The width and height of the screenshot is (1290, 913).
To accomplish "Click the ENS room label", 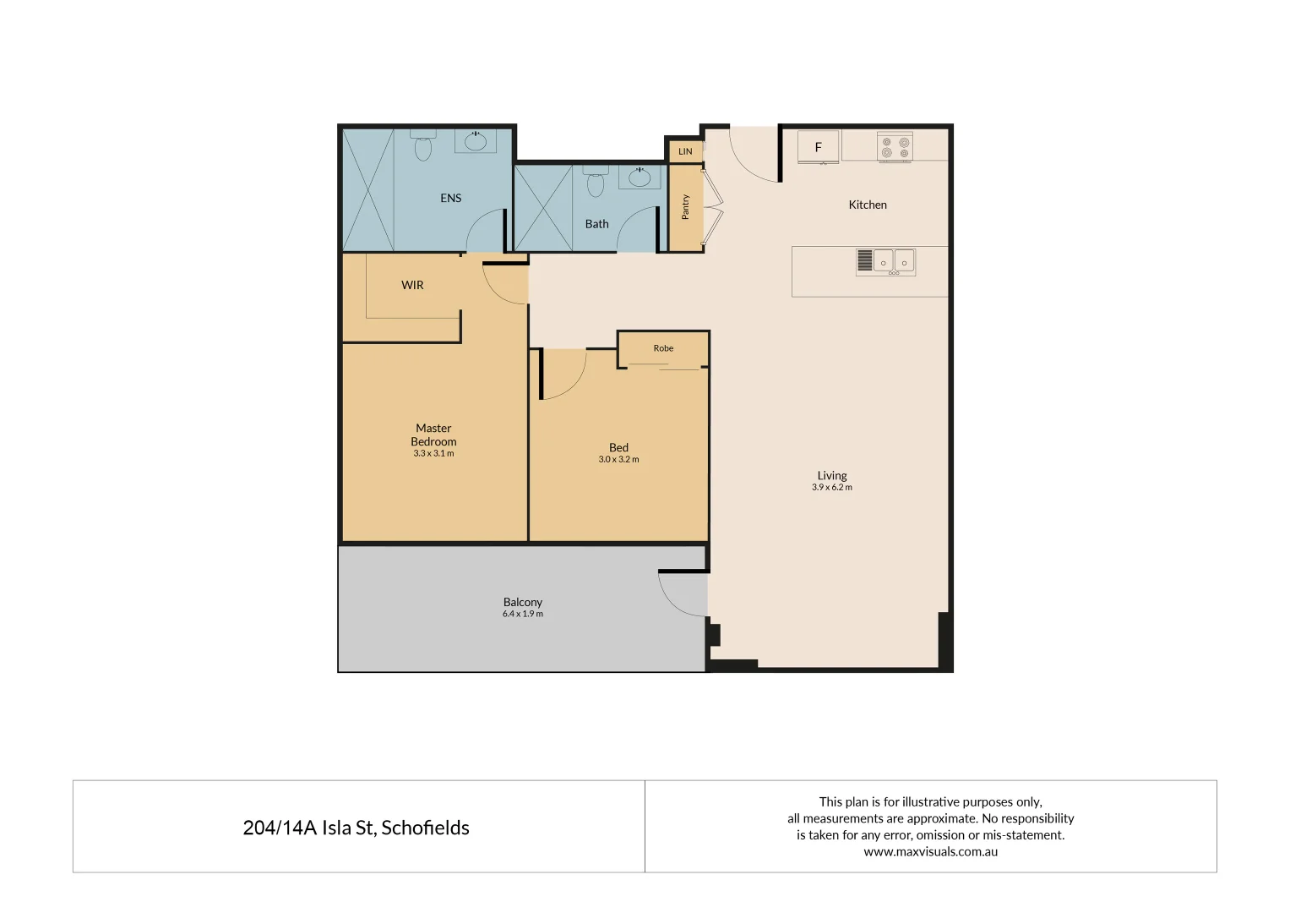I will (x=450, y=198).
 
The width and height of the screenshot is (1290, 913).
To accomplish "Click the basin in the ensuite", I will (x=476, y=140).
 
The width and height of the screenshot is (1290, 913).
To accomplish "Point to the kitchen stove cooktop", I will (x=895, y=147).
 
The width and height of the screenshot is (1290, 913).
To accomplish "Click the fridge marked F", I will (x=818, y=147).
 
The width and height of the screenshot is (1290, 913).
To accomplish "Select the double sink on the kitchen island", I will (x=893, y=261).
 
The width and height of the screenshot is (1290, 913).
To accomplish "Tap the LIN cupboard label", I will (x=685, y=151).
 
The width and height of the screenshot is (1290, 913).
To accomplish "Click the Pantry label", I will (x=685, y=207).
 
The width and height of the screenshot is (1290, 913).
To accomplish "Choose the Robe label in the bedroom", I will (x=663, y=348).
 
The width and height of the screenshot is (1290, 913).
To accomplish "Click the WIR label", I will (x=412, y=285).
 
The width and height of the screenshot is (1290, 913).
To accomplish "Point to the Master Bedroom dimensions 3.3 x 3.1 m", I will (x=433, y=454).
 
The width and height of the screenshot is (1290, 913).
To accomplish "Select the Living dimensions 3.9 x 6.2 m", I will (x=831, y=488).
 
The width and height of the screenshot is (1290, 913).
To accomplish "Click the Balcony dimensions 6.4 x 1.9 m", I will (x=522, y=615).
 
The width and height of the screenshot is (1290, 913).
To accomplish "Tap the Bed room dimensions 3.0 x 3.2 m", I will (x=618, y=460).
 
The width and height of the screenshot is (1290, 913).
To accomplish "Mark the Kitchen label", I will (x=868, y=205).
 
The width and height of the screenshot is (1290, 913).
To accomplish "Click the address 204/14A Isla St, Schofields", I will (x=356, y=828).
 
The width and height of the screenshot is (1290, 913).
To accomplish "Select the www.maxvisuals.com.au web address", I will (x=930, y=852).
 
